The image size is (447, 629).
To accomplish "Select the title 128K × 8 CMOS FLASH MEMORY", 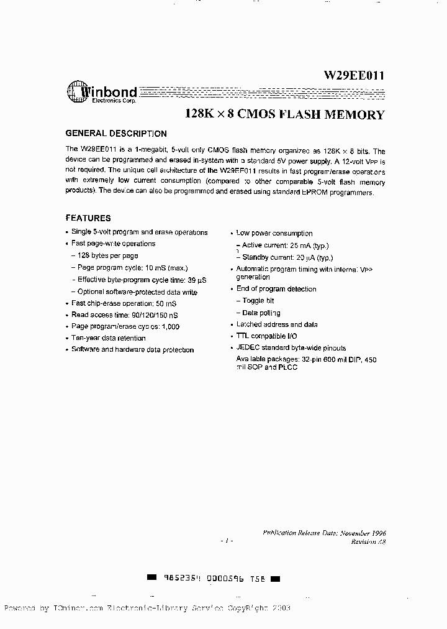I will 285,114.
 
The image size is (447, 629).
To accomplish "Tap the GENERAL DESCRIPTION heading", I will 116,134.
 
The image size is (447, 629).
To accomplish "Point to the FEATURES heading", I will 88,218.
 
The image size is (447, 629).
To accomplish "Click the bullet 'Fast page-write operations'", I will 113,244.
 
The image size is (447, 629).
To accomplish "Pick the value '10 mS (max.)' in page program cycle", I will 166,267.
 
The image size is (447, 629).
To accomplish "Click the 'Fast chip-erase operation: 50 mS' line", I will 124,303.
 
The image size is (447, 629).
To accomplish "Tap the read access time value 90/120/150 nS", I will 151,315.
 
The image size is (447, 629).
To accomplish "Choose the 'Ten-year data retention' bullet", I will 109,338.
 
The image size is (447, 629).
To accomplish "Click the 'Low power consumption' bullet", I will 274,233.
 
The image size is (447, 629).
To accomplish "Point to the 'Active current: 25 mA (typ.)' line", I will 285,246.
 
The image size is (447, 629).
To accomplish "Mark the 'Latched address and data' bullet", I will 276,324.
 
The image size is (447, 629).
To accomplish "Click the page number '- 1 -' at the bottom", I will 227,541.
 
